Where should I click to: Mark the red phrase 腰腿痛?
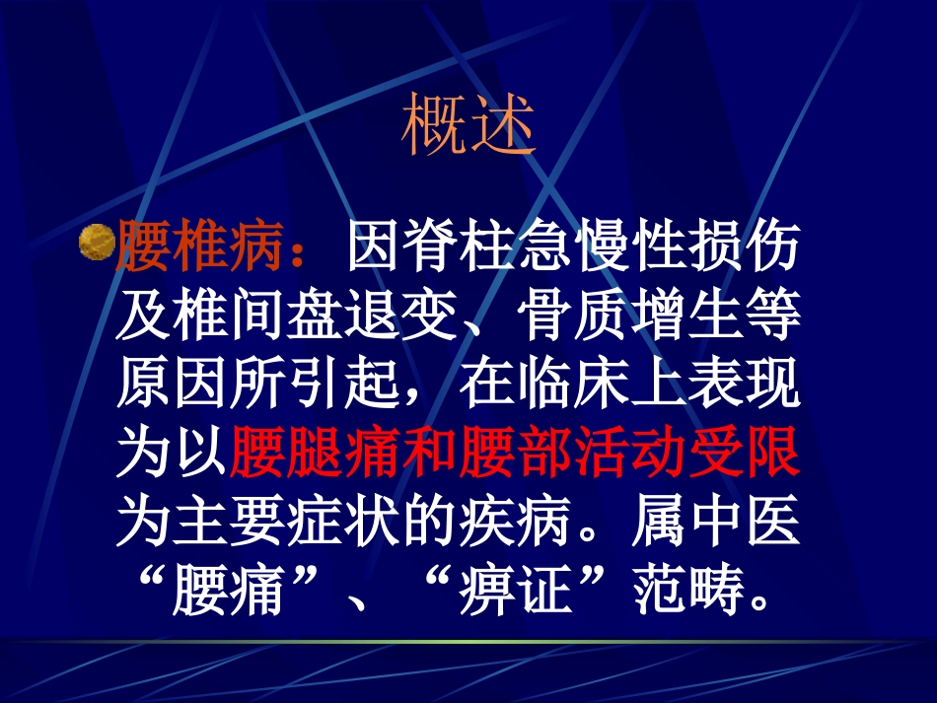315,452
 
